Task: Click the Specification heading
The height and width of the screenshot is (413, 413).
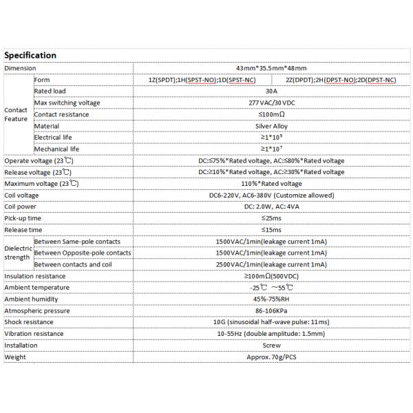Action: pos(30,55)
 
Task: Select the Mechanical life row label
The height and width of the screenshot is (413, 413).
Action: pos(59,149)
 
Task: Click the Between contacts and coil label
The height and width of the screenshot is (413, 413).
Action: pos(77,264)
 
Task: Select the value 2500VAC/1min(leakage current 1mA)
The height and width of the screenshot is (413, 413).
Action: pos(271,264)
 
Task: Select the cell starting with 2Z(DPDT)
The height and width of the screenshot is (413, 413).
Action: pos(340,80)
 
